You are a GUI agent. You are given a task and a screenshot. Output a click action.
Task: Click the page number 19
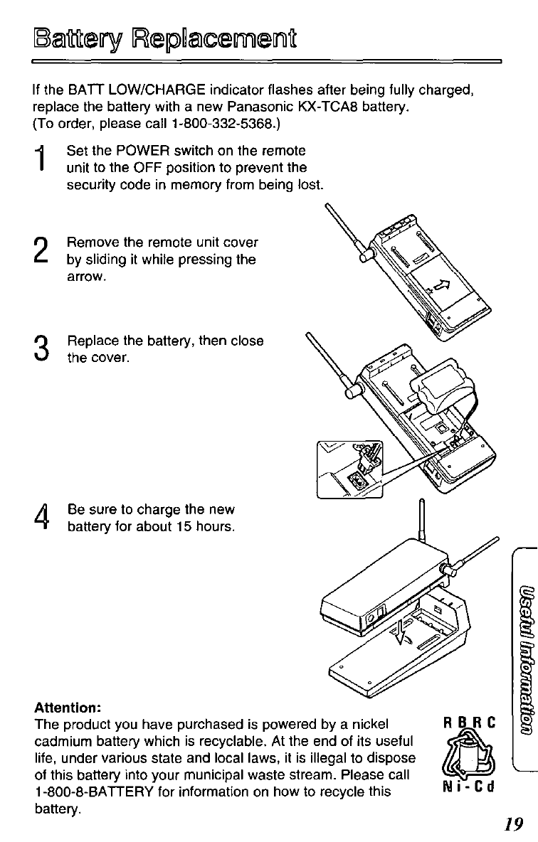(512, 824)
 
